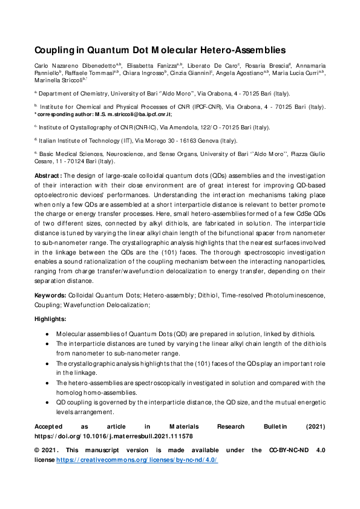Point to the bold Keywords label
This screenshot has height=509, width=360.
coord(50,295)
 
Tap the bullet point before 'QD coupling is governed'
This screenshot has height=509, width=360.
coord(48,401)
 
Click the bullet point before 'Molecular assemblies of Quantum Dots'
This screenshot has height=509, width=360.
coord(48,333)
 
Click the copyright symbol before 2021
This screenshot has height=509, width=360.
coord(37,450)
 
